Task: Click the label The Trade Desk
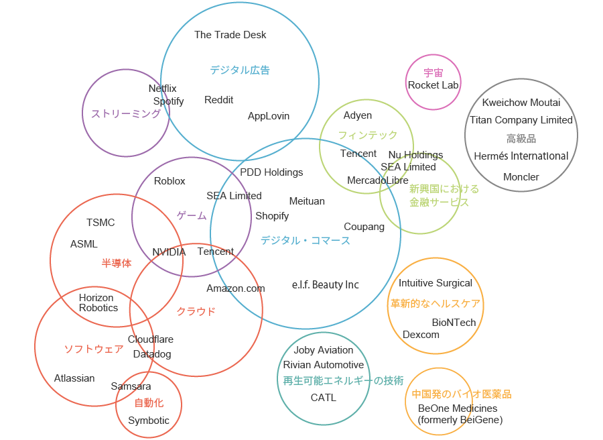pyautogui.click(x=230, y=35)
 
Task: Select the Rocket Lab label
pyautogui.click(x=433, y=85)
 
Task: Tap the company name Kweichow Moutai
pyautogui.click(x=521, y=103)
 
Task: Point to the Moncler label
pyautogui.click(x=521, y=177)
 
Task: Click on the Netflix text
pyautogui.click(x=162, y=89)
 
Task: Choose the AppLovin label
pyautogui.click(x=269, y=116)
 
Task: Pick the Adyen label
pyautogui.click(x=357, y=115)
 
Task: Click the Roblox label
pyautogui.click(x=170, y=181)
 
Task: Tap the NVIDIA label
pyautogui.click(x=168, y=252)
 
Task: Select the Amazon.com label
pyautogui.click(x=235, y=288)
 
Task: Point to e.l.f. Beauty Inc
pyautogui.click(x=325, y=285)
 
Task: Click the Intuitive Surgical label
pyautogui.click(x=435, y=283)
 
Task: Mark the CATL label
pyautogui.click(x=323, y=398)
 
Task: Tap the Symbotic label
pyautogui.click(x=149, y=421)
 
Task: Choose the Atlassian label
pyautogui.click(x=74, y=378)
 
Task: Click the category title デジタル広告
pyautogui.click(x=239, y=70)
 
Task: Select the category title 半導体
pyautogui.click(x=116, y=264)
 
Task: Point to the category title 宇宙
pyautogui.click(x=433, y=72)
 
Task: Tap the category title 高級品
pyautogui.click(x=521, y=139)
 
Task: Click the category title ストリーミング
pyautogui.click(x=125, y=114)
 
